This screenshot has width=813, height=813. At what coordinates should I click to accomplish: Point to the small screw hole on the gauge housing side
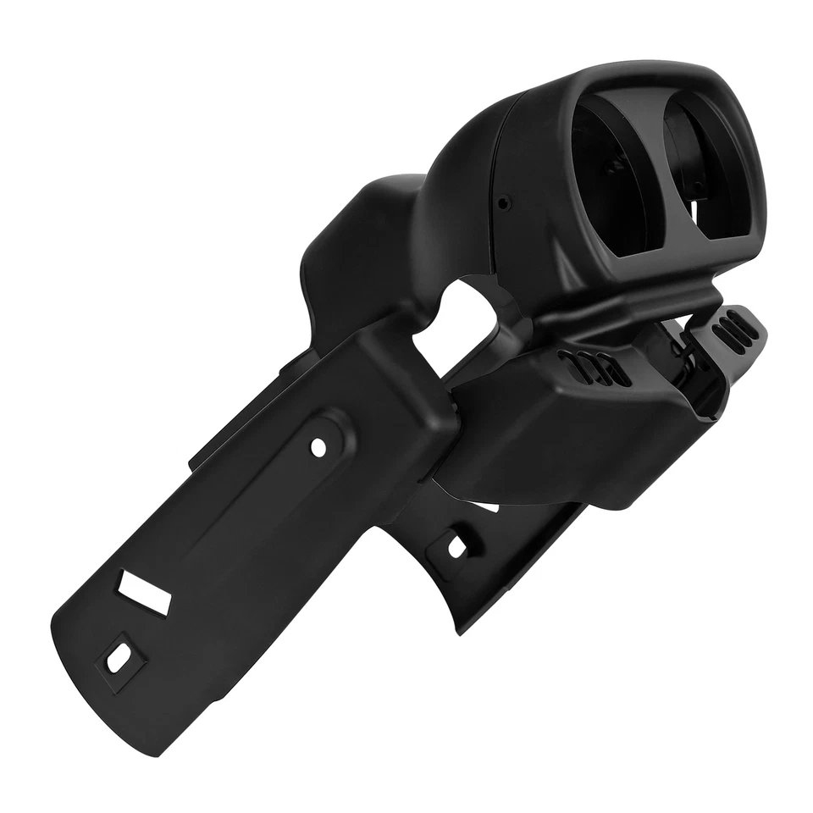point(504,203)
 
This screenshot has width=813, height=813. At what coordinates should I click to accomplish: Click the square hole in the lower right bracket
point(456,545)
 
